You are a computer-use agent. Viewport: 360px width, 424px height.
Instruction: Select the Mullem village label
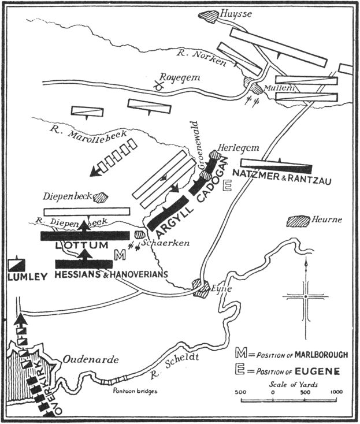(x=276, y=87)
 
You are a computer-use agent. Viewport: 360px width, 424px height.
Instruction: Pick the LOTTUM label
(x=81, y=246)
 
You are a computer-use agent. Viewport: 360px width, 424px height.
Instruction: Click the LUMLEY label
(x=27, y=277)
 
